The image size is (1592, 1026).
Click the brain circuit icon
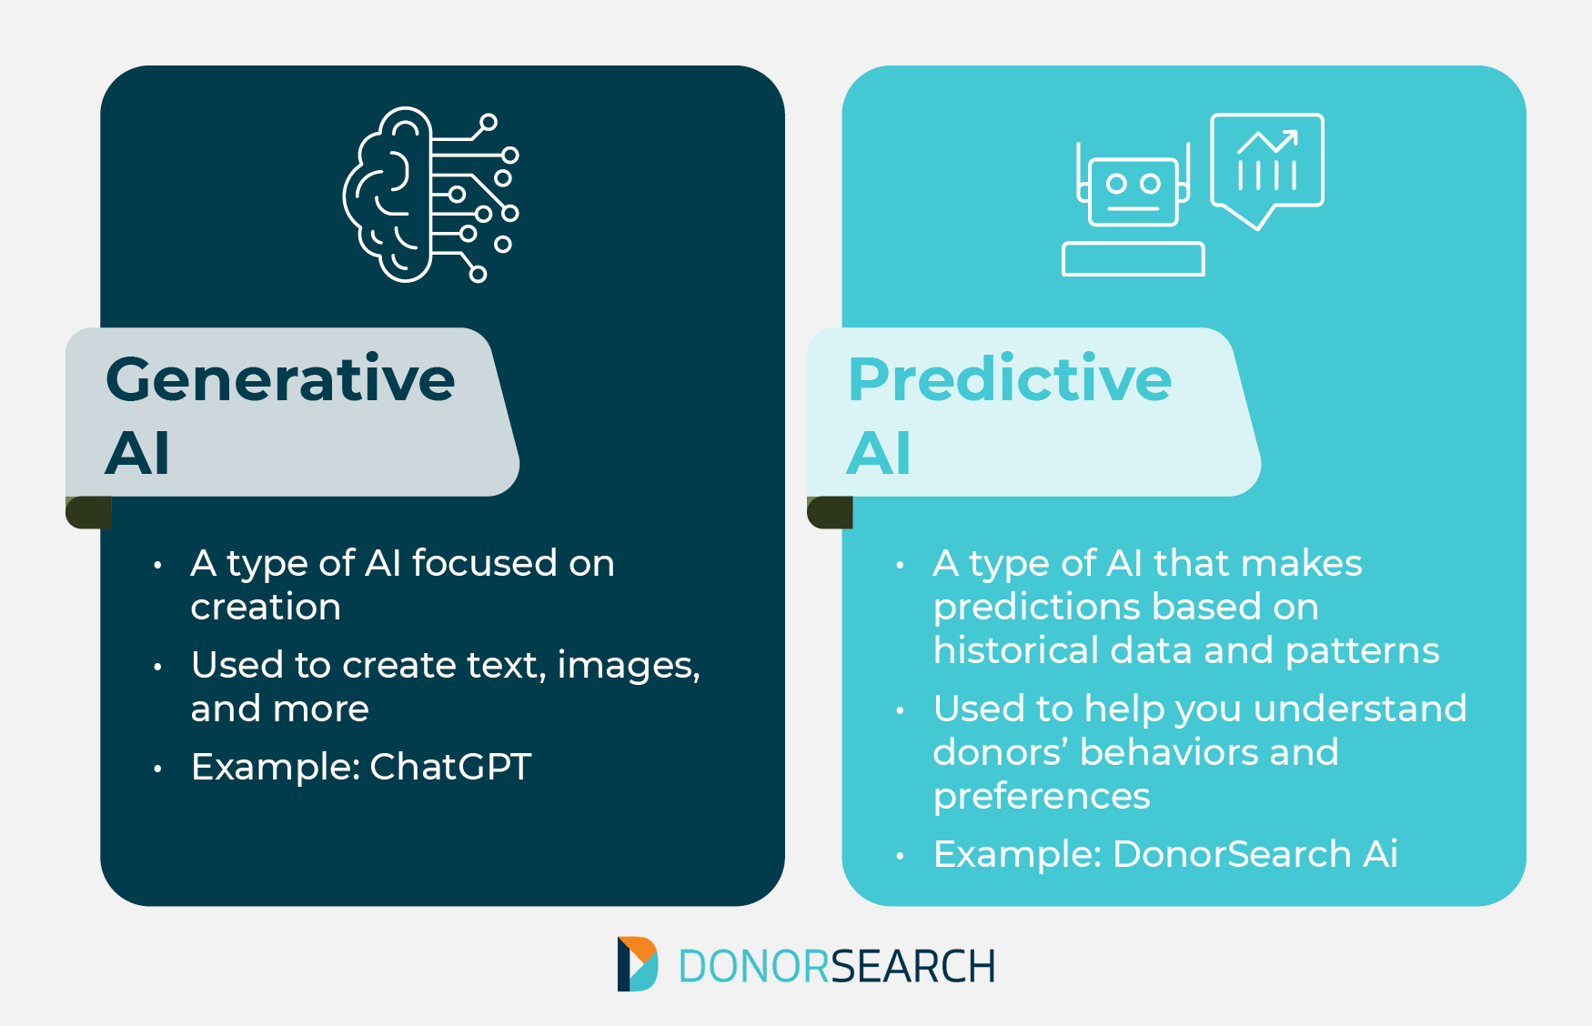pyautogui.click(x=428, y=195)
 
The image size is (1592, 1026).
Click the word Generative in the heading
pyautogui.click(x=280, y=379)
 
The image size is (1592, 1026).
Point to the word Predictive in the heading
pyautogui.click(x=1010, y=379)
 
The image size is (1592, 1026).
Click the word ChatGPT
pyautogui.click(x=450, y=767)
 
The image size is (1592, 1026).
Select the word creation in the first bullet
pyautogui.click(x=266, y=608)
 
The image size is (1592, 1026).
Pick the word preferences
pyautogui.click(x=1042, y=796)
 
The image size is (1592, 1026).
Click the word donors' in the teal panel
pyautogui.click(x=1000, y=752)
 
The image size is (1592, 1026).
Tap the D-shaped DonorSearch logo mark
pyautogui.click(x=637, y=964)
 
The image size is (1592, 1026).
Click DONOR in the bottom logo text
pyautogui.click(x=754, y=966)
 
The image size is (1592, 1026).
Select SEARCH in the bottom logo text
pyautogui.click(x=913, y=966)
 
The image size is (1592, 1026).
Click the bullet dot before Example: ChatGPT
pyautogui.click(x=157, y=769)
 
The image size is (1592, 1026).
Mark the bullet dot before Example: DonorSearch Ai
pyautogui.click(x=900, y=856)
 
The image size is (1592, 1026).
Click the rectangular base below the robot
pyautogui.click(x=1133, y=259)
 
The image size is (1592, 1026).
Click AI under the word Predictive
pyautogui.click(x=878, y=453)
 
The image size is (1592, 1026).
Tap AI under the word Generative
pyautogui.click(x=137, y=453)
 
